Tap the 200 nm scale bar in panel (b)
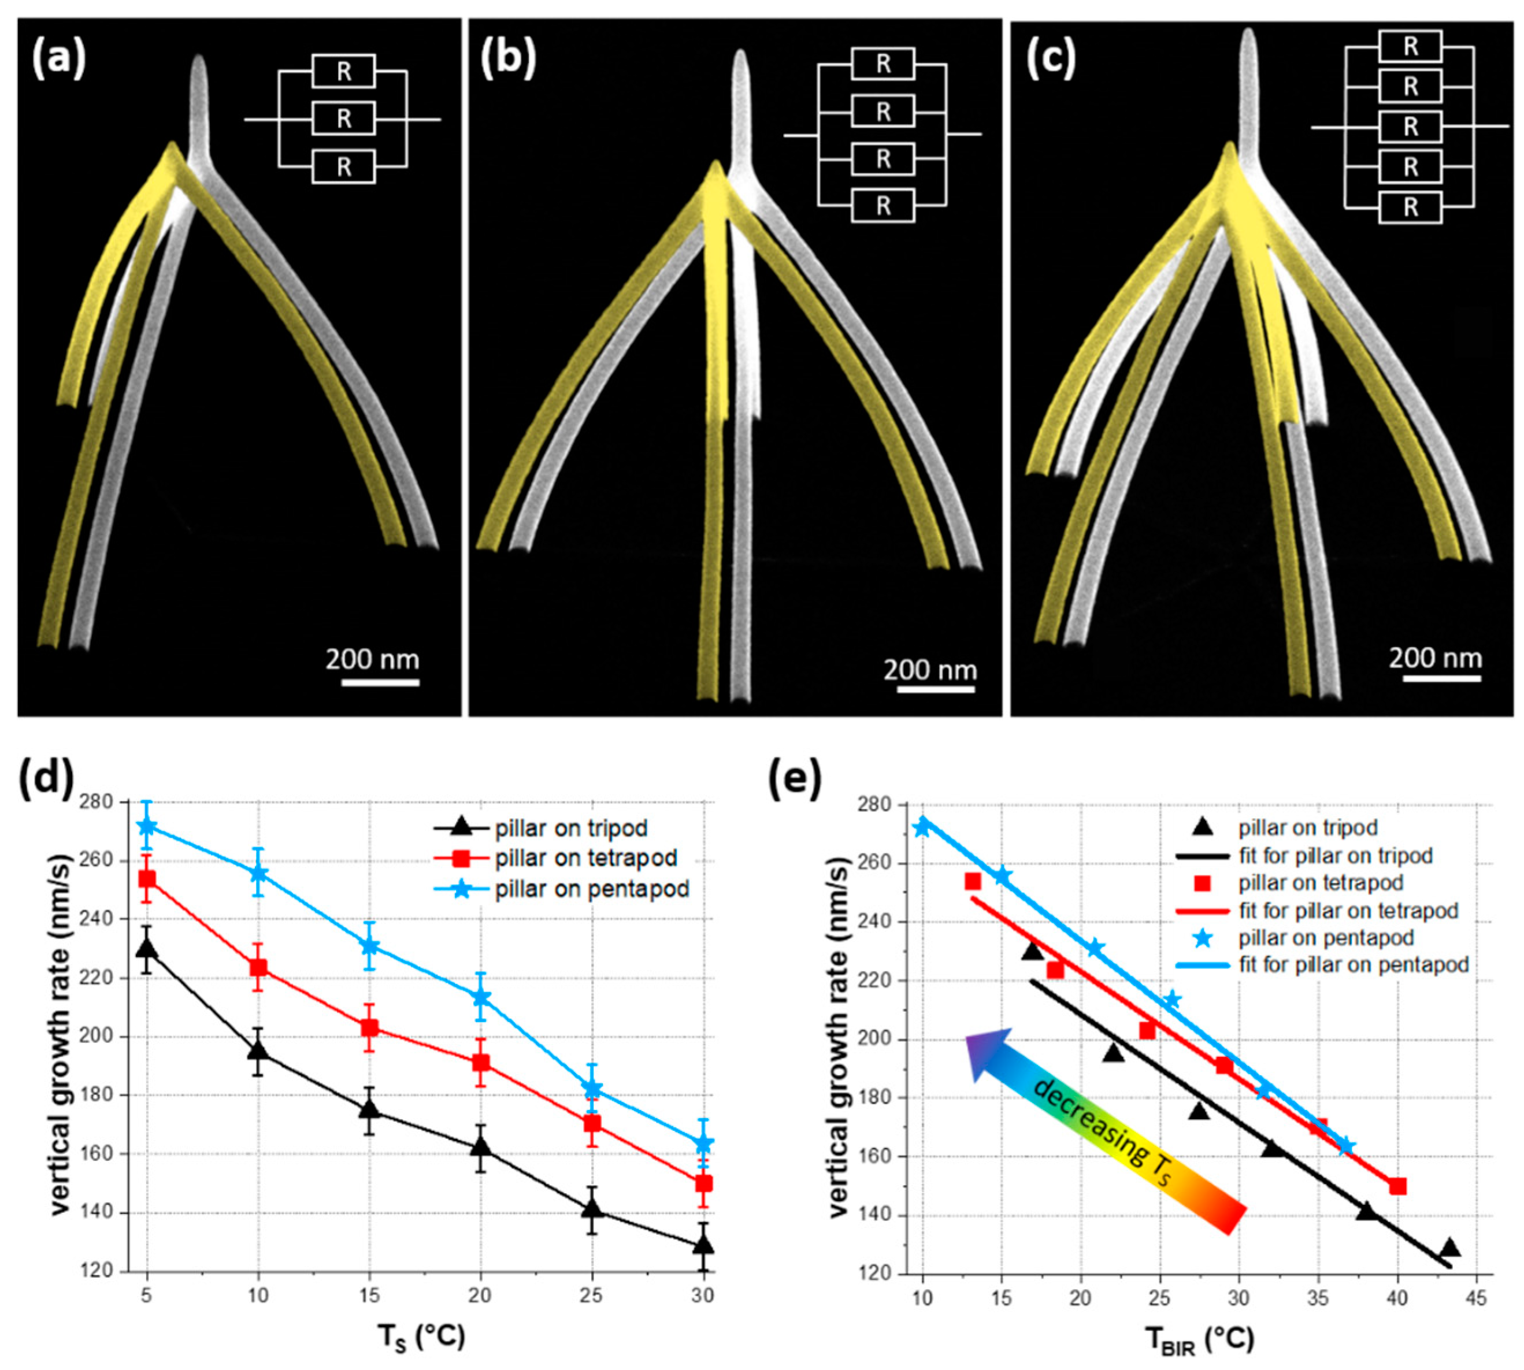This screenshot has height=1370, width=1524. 930,689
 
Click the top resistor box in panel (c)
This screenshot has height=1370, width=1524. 1410,47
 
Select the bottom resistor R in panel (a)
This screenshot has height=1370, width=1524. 343,166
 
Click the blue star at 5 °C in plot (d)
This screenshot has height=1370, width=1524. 147,826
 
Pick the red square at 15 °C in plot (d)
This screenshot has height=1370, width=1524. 369,1029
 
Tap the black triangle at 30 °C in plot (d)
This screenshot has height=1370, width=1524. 703,1245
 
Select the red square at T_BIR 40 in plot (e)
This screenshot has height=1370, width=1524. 1397,1186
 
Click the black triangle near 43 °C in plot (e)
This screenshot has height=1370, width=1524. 1449,1248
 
